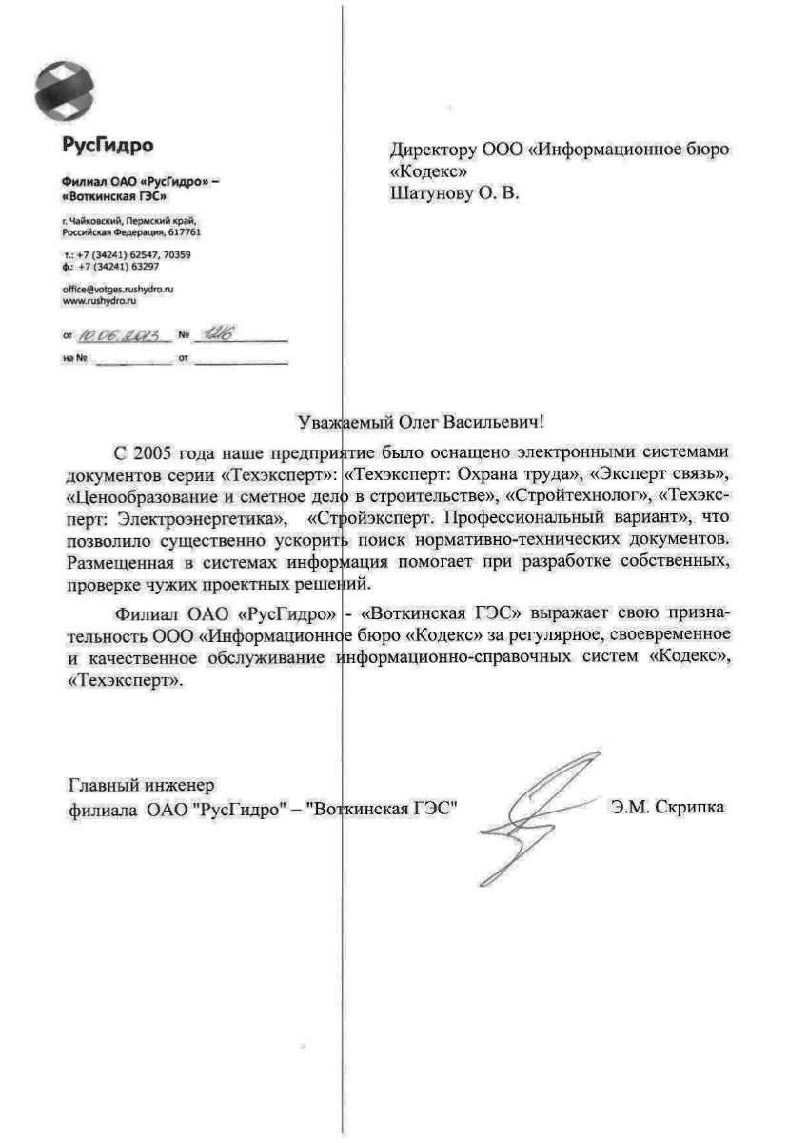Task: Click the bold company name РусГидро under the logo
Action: click(107, 146)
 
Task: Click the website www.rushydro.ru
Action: click(101, 300)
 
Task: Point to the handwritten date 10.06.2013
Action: click(124, 335)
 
